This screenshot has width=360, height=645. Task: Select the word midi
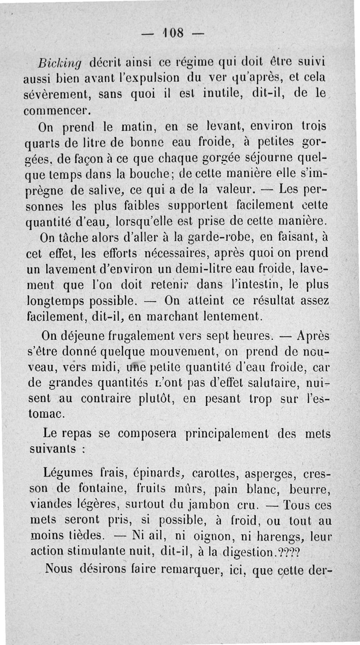pyautogui.click(x=103, y=369)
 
